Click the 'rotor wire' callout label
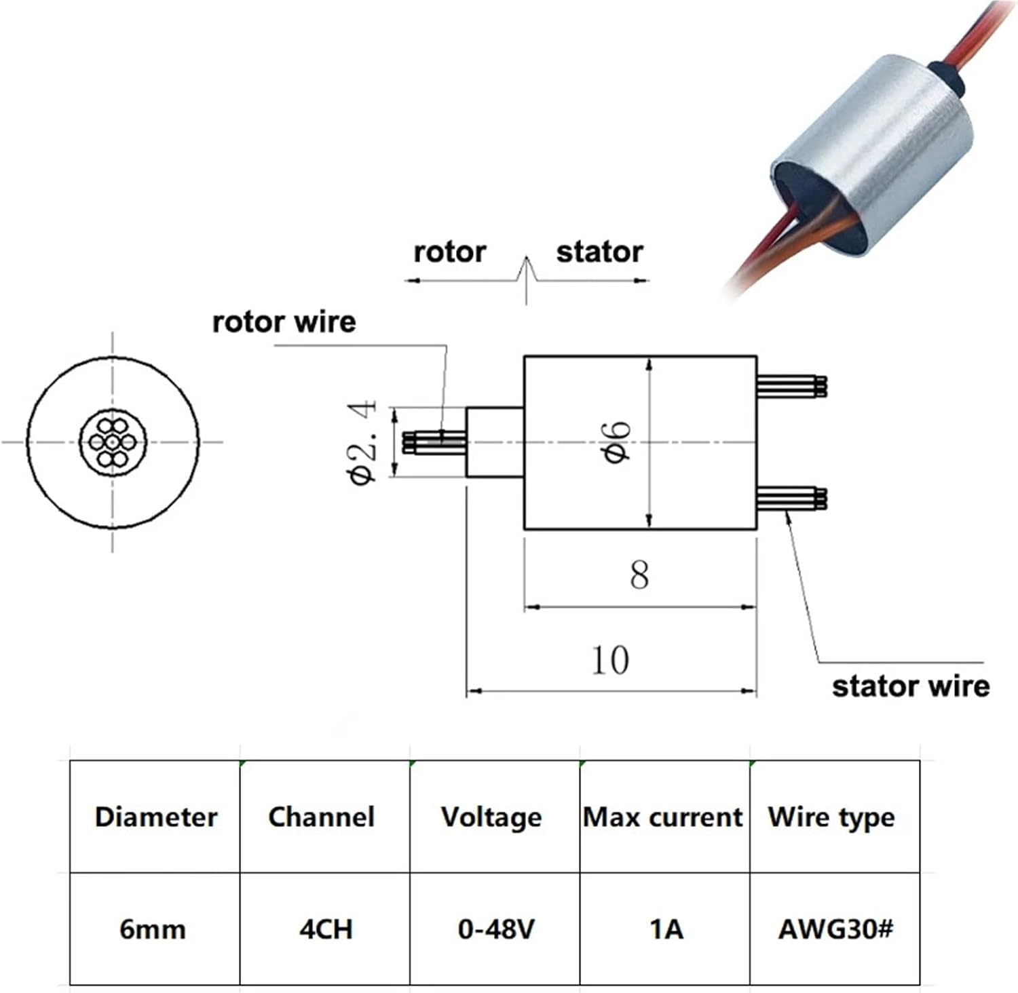[x=284, y=322]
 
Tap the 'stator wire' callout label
[x=911, y=686]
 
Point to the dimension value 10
[x=610, y=660]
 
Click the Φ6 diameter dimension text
[x=617, y=442]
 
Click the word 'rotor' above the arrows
[x=449, y=252]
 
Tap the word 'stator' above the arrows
[x=599, y=252]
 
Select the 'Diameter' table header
[x=155, y=817]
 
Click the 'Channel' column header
[x=322, y=817]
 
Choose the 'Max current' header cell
[x=663, y=817]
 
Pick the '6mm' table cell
[x=153, y=929]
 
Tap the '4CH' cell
[x=326, y=929]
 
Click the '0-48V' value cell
[x=496, y=929]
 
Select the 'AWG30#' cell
[x=835, y=929]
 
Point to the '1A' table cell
[x=666, y=929]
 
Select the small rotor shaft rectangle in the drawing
[x=495, y=442]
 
